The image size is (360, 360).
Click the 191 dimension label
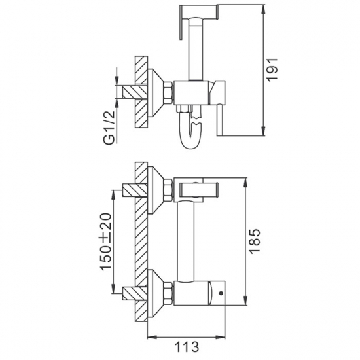(272, 69)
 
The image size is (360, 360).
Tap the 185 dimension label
(255, 241)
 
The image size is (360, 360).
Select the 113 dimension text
(187, 347)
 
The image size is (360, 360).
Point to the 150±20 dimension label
(106, 242)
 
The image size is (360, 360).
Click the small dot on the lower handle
(221, 293)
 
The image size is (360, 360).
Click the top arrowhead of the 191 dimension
(264, 10)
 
